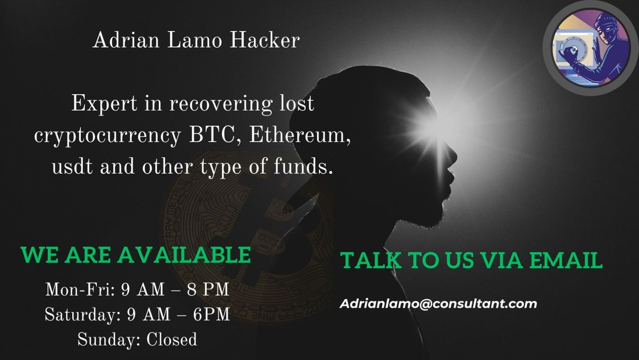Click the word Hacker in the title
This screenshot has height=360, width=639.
coord(265,40)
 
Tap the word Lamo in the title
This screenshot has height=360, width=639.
coord(194,40)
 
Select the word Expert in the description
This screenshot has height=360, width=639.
coord(104,103)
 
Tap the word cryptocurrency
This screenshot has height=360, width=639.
coord(107,137)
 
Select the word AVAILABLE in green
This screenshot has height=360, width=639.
coord(184,255)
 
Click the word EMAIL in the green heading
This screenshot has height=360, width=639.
coord(566,260)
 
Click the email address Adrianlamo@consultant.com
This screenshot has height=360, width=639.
coord(438,304)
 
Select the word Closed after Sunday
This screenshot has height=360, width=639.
coord(171,340)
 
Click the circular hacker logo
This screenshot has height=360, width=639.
coord(591,48)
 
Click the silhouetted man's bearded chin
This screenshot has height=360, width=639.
coord(434,217)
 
